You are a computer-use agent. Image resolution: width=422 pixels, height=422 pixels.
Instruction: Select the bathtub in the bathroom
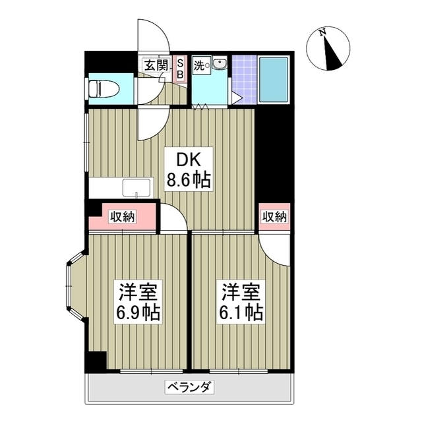tap(272, 80)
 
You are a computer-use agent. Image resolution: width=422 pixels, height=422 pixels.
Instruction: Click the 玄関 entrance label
tap(156, 65)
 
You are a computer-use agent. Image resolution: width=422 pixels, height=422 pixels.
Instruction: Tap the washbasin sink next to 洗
tap(218, 64)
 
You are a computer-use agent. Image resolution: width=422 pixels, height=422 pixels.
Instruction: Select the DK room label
tap(187, 159)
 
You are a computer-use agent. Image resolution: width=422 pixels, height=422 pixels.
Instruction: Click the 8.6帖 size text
tap(188, 180)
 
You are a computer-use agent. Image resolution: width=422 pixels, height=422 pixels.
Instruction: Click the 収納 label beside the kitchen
tap(123, 216)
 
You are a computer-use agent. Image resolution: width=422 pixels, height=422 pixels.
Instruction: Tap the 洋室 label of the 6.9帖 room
tap(138, 291)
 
